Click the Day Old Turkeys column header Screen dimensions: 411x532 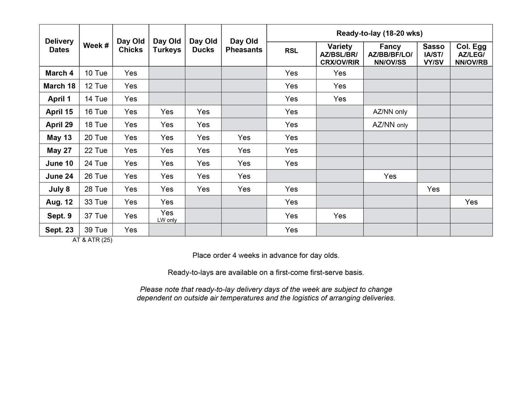coord(167,45)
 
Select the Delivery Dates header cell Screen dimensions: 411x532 coord(59,45)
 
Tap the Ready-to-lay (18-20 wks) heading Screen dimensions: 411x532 coord(379,33)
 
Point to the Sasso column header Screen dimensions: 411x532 coord(433,54)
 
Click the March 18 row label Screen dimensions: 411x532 coord(59,86)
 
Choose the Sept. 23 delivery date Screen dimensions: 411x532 coord(59,230)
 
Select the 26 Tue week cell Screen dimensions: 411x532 coord(96,176)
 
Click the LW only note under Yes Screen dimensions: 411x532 coord(167,220)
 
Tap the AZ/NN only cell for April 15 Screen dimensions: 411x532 coord(390,112)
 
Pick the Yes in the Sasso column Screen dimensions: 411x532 coord(433,189)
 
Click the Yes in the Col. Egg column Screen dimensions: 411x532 coord(471,202)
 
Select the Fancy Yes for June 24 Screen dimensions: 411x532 coord(390,176)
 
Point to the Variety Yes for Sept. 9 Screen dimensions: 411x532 coord(339,216)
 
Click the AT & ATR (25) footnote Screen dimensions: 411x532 coord(92,240)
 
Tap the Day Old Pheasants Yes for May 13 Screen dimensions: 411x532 coord(244,138)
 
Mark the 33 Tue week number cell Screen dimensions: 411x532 coord(96,202)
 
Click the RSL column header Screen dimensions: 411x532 coord(291,51)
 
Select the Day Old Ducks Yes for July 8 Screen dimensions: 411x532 coord(203,189)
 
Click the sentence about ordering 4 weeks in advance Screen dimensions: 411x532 coord(266,255)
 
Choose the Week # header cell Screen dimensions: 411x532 coord(96,45)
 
